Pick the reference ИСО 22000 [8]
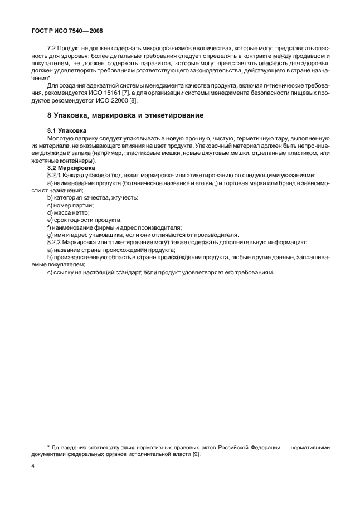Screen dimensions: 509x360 coord(111,100)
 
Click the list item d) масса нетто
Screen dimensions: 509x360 coord(68,213)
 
